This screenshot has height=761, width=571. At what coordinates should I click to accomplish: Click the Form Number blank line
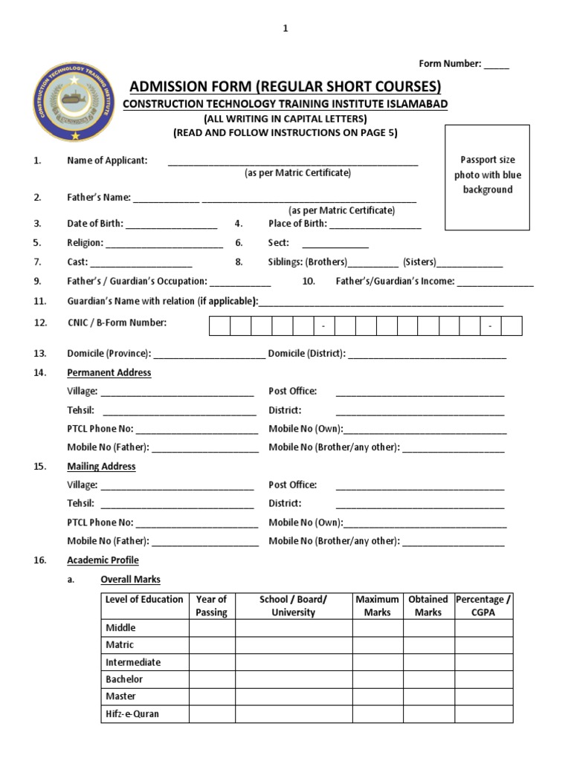pos(497,65)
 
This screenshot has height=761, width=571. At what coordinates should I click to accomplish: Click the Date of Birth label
pos(95,223)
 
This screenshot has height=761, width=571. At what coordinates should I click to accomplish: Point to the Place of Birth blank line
pos(375,224)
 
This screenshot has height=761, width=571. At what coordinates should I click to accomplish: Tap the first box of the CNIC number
pos(219,326)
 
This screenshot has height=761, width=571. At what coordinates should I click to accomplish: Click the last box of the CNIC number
pos(512,326)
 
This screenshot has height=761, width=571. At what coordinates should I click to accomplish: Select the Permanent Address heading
pos(109,373)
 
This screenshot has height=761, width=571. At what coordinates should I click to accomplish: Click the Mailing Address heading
pos(102,467)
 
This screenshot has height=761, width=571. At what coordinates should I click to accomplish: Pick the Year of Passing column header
pos(212,606)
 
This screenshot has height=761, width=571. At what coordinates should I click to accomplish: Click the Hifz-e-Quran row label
pos(132,714)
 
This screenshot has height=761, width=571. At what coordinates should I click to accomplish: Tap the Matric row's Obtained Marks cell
pos(428,645)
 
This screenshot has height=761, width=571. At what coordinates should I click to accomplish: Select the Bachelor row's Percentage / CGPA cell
pos(484,679)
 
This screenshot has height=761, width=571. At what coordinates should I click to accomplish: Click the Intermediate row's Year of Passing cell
pos(212,662)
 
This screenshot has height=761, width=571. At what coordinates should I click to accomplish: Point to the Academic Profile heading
pos(103,560)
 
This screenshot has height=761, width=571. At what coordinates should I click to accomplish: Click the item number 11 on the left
pos(40,301)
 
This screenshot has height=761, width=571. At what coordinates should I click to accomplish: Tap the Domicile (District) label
pos(306,354)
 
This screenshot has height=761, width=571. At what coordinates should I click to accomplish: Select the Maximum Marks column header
pos(377,606)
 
